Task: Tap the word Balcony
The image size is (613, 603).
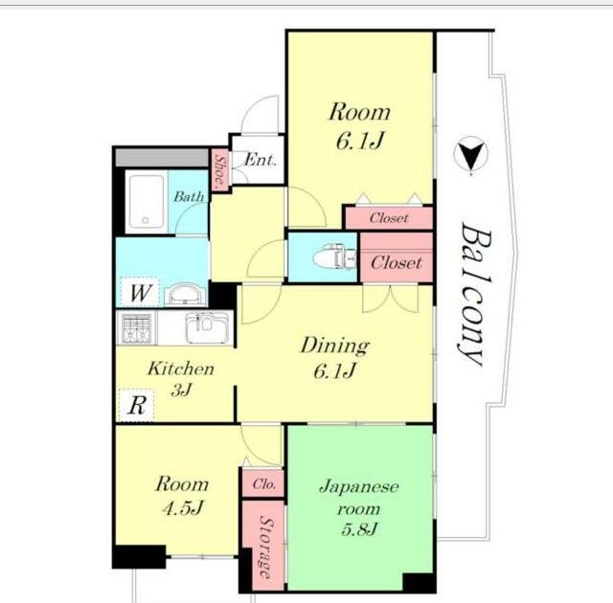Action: click(475, 295)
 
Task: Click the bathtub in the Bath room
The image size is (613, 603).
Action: click(147, 202)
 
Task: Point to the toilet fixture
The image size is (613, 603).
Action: click(334, 257)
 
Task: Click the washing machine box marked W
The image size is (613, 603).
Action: click(140, 292)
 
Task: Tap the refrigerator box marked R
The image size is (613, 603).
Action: click(136, 406)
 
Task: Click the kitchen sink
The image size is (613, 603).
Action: click(207, 327)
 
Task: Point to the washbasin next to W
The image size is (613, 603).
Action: click(185, 294)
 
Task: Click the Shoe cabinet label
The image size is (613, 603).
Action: click(220, 169)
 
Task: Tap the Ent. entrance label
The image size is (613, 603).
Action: click(261, 160)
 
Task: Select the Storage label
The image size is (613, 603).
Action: click(266, 547)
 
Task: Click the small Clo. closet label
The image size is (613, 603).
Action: click(264, 484)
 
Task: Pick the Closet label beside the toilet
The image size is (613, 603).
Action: click(396, 262)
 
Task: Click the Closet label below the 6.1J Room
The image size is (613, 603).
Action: click(389, 217)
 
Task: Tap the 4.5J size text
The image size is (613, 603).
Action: click(183, 508)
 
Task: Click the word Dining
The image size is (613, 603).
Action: click(334, 346)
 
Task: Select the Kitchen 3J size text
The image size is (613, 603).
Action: click(181, 390)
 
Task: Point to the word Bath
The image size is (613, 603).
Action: click(189, 196)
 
